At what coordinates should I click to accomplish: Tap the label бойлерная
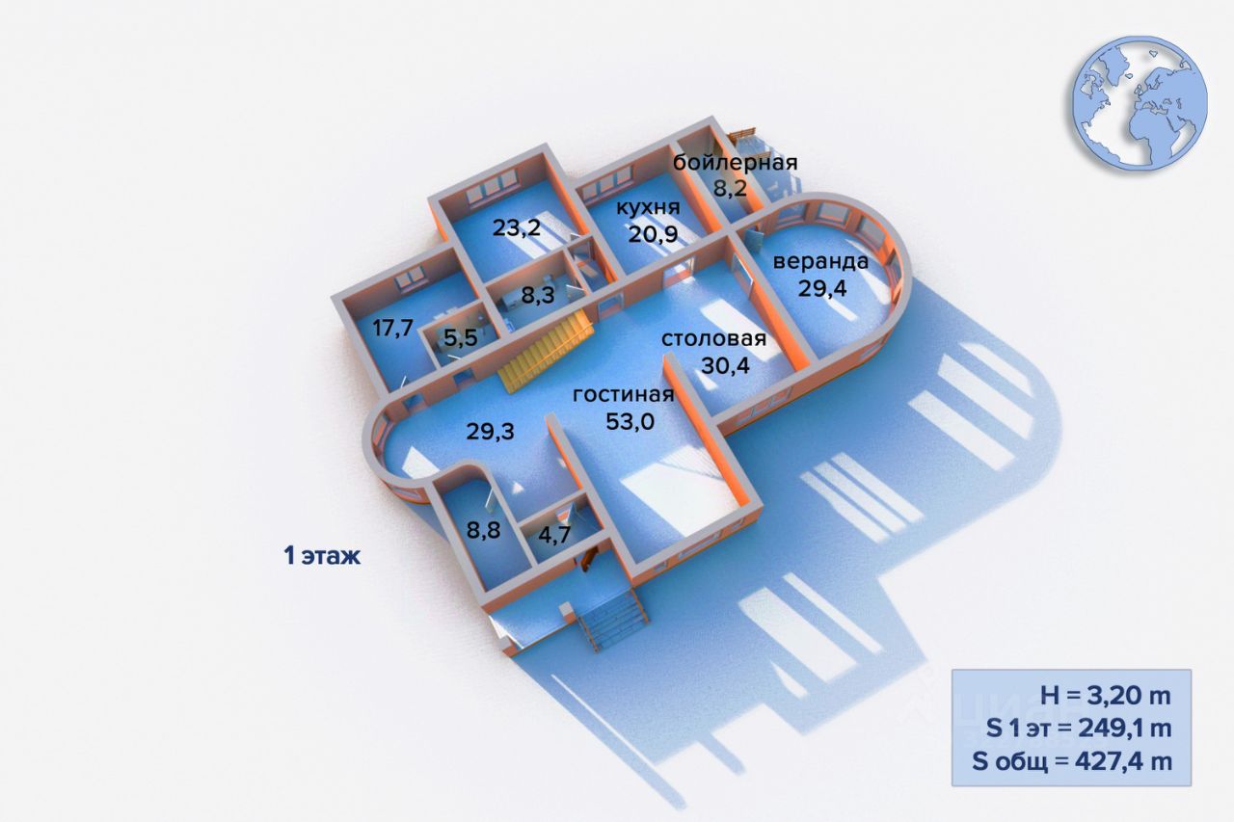pos(736,162)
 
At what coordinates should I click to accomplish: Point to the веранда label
pos(820,261)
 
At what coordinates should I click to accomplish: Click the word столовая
pos(713,339)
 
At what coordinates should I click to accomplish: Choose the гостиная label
pos(623,395)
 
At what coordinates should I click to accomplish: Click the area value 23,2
pos(515,228)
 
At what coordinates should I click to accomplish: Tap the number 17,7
pos(392,328)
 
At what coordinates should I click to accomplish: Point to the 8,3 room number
pos(537,295)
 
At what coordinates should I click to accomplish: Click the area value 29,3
pos(490,432)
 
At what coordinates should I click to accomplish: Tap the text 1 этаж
pos(322,556)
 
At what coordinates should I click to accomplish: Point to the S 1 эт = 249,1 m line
pos(1079,729)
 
